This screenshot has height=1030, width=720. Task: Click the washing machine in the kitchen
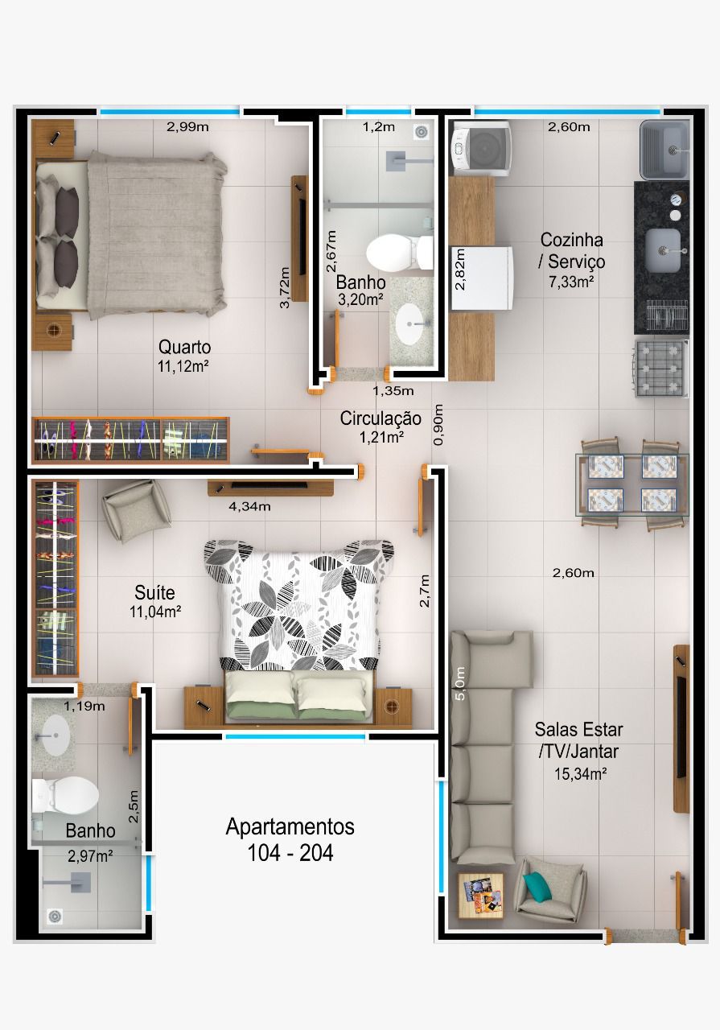pyautogui.click(x=480, y=148)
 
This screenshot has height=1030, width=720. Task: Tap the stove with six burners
pyautogui.click(x=661, y=368)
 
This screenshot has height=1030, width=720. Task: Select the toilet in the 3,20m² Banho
pyautogui.click(x=399, y=253)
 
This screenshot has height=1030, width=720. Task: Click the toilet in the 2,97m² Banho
pyautogui.click(x=65, y=796)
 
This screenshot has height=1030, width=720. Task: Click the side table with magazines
pyautogui.click(x=480, y=896)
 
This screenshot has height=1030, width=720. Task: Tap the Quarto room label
pyautogui.click(x=184, y=347)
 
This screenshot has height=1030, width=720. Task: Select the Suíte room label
pyautogui.click(x=154, y=592)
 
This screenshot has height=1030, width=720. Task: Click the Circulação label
pyautogui.click(x=381, y=418)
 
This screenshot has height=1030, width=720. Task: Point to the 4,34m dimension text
pyautogui.click(x=249, y=507)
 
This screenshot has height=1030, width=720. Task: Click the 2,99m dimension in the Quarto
pyautogui.click(x=187, y=127)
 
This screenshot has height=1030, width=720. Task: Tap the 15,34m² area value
pyautogui.click(x=580, y=774)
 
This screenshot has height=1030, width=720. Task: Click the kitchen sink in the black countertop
pyautogui.click(x=663, y=250)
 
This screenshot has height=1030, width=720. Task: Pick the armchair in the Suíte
pyautogui.click(x=136, y=510)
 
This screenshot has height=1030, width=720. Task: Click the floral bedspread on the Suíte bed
pyautogui.click(x=298, y=604)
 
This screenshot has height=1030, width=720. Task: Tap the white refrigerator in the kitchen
pyautogui.click(x=481, y=278)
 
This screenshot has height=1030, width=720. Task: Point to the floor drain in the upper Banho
pyautogui.click(x=421, y=133)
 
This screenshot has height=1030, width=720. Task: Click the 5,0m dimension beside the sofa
pyautogui.click(x=460, y=683)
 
